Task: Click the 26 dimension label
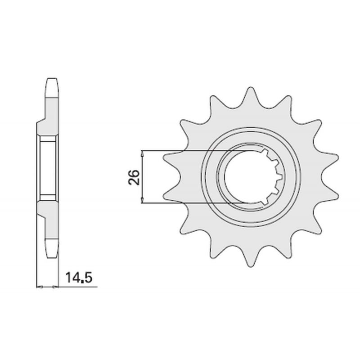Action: (x=134, y=177)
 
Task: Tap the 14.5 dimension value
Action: (x=79, y=278)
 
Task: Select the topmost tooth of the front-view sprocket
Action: (x=251, y=98)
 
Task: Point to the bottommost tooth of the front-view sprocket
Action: (x=251, y=256)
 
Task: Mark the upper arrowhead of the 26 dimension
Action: (x=142, y=154)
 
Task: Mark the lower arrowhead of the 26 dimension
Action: (x=142, y=200)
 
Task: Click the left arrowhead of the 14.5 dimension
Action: (x=40, y=287)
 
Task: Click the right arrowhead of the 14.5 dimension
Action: (x=55, y=287)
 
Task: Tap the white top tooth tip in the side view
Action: (x=52, y=88)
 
